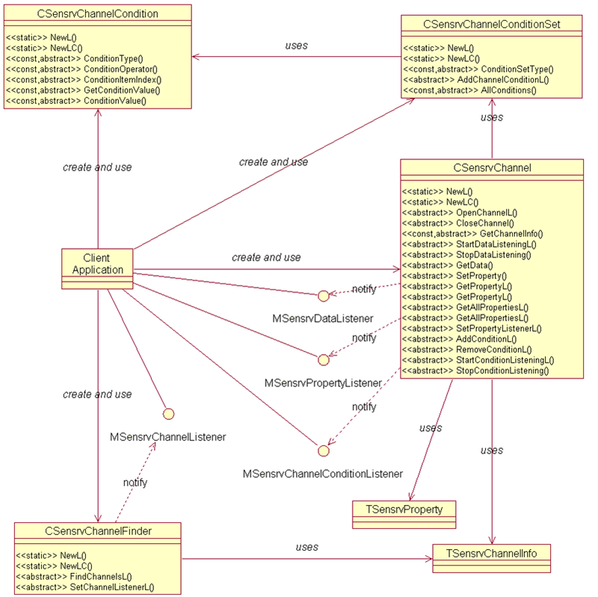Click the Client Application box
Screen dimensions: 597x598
(87, 264)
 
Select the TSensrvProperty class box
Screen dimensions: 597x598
(404, 509)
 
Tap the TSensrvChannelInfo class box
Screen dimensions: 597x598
(491, 553)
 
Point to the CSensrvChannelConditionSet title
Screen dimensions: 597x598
(491, 25)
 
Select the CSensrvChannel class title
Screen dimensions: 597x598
(492, 168)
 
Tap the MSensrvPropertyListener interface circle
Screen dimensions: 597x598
(323, 360)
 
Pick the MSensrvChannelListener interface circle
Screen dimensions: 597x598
(168, 414)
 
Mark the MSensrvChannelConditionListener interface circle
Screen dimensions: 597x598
(323, 450)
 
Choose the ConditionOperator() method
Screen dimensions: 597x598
(111, 68)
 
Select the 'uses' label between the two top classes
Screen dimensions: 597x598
(297, 46)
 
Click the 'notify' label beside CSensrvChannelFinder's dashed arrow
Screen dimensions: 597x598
(135, 483)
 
